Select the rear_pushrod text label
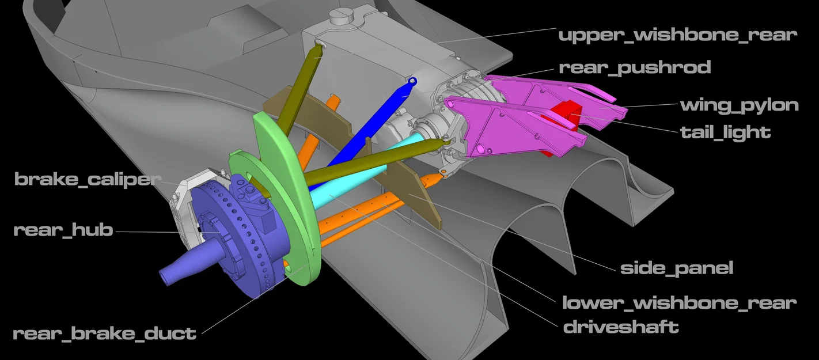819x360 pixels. pos(635,67)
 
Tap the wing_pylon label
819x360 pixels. pos(740,105)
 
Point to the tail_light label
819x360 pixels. pos(725,132)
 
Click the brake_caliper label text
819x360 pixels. pos(88,180)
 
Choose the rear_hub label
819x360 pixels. pos(63,230)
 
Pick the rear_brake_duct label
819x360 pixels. pos(105,334)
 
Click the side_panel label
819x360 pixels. pos(677,268)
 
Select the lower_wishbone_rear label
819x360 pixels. pos(679,303)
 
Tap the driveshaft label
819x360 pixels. pos(621,327)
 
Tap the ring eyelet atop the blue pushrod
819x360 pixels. pos(412,81)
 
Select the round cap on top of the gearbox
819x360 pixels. pos(343,16)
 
